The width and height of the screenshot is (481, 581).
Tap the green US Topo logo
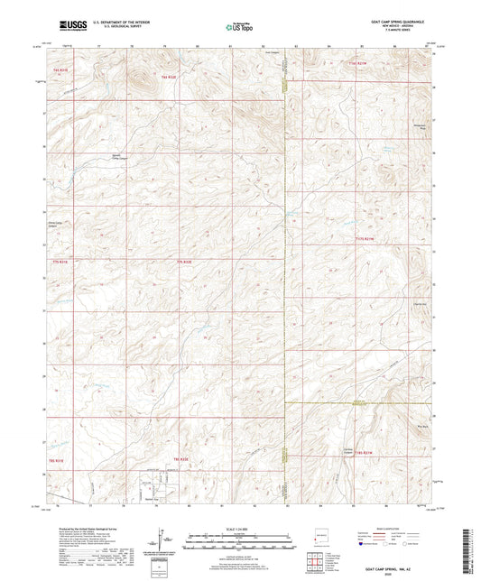point(234,27)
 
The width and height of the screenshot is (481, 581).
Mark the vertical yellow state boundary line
point(286,271)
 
